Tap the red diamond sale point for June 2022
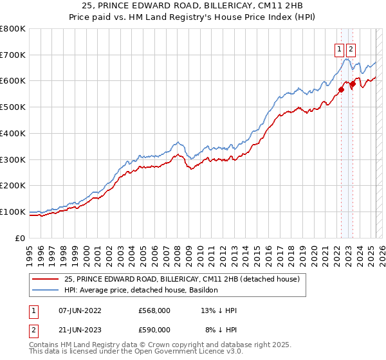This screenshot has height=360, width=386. pyautogui.click(x=342, y=89)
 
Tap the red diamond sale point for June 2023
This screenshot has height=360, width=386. pyautogui.click(x=353, y=84)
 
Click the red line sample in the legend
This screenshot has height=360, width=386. pyautogui.click(x=44, y=280)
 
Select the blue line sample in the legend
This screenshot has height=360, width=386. pyautogui.click(x=44, y=290)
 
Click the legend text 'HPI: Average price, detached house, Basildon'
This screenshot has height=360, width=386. pyautogui.click(x=141, y=290)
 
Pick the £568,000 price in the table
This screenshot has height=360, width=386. pyautogui.click(x=154, y=310)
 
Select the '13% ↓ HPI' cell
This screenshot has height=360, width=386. pyautogui.click(x=219, y=310)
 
